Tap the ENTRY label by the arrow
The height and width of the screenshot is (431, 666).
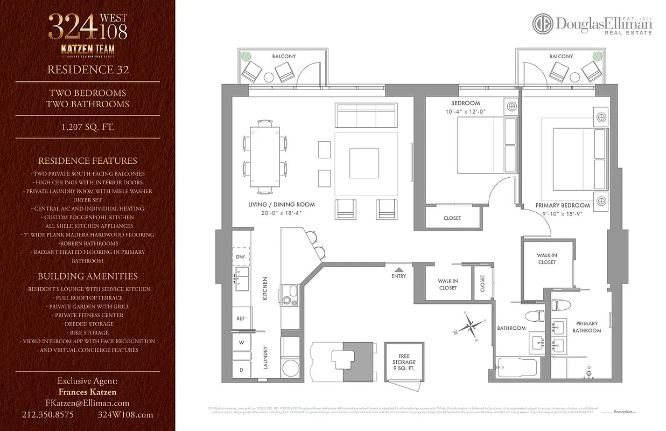398,276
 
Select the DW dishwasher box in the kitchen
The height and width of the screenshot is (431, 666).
241,257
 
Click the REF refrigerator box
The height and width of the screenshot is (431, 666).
241,318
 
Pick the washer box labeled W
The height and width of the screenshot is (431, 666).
241,343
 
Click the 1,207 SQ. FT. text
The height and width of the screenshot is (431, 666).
87,127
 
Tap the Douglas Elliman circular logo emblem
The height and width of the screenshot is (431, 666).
543,24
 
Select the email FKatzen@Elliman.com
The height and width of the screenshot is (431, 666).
87,403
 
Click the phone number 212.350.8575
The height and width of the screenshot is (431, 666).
48,415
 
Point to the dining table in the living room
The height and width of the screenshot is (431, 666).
264,157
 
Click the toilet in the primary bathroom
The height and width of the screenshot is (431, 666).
560,305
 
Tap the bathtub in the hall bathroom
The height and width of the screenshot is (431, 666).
517,367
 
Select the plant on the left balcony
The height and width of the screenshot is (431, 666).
246,57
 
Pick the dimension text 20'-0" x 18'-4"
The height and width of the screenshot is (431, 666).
282,213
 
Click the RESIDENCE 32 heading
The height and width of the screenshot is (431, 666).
87,69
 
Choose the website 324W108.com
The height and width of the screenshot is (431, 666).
125,415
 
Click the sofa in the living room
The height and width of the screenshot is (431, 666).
366,114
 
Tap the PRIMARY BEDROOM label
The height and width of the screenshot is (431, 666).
562,205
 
